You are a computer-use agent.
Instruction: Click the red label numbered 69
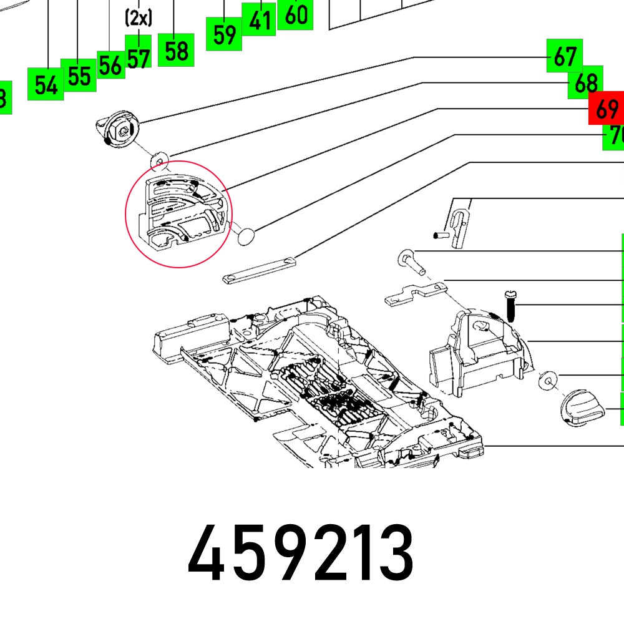click(x=606, y=110)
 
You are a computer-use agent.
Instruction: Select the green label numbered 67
click(x=564, y=57)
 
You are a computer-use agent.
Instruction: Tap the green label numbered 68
click(x=585, y=82)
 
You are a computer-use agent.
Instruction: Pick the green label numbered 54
click(x=46, y=84)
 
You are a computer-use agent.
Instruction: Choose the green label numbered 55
click(x=79, y=76)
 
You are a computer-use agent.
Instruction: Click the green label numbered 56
click(x=110, y=65)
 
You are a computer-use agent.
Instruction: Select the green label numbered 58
click(x=177, y=50)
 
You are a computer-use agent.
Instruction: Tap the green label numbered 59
click(x=223, y=34)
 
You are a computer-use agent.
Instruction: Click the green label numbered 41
click(x=259, y=20)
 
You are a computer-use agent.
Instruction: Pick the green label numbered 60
click(x=295, y=14)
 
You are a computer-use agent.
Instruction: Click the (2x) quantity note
click(x=138, y=18)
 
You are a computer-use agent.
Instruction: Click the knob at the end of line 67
click(x=119, y=130)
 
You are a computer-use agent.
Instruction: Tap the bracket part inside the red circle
click(x=181, y=212)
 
